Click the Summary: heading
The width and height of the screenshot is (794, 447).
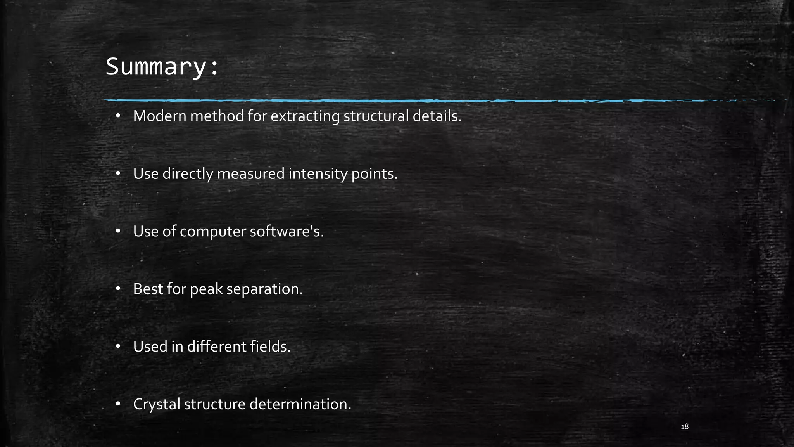point(162,67)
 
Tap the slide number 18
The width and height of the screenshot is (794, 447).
point(685,427)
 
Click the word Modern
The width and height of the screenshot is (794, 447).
point(160,116)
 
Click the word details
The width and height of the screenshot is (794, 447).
point(437,116)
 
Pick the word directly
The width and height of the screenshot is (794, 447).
point(188,173)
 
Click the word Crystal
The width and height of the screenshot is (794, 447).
point(157,404)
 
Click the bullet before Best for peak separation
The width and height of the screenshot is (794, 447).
point(119,289)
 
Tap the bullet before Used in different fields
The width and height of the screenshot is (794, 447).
point(119,346)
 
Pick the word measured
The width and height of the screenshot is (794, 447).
point(251,173)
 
